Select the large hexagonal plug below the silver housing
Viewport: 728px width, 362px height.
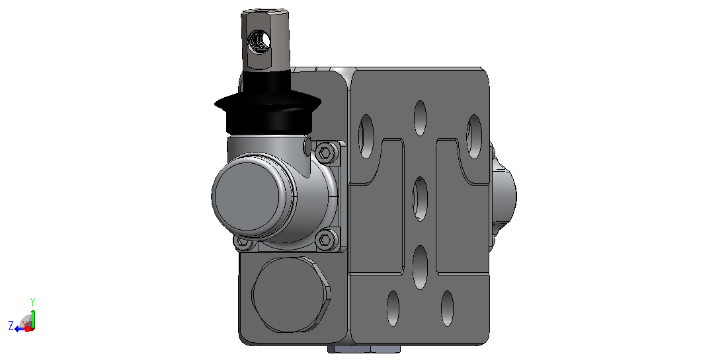pos(292,295)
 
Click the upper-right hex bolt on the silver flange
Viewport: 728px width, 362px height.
pos(326,152)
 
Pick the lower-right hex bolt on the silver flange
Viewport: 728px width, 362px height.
pos(326,240)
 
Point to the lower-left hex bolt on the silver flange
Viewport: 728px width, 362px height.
pos(243,242)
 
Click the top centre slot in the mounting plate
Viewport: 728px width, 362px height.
pos(420,118)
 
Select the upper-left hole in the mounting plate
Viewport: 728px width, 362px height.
pos(366,137)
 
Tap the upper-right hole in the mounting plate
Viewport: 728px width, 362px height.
pos(474,137)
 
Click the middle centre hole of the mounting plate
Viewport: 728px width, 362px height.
pos(420,199)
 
